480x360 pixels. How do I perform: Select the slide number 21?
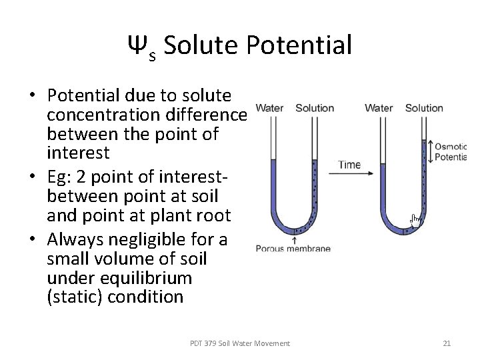tap(447, 343)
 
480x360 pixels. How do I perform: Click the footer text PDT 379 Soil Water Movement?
tap(240, 343)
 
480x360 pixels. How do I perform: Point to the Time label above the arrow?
tap(349, 165)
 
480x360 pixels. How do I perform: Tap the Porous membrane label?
tap(293, 249)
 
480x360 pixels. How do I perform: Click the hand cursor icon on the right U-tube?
tap(415, 221)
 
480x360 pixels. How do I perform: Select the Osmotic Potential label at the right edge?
tap(450, 152)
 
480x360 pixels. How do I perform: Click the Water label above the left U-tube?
tap(269, 108)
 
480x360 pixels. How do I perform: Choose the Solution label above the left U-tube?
tap(315, 108)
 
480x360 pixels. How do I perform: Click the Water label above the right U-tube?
tap(379, 108)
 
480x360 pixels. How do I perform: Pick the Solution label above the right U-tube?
tap(424, 108)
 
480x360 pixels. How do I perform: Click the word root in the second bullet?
tap(213, 215)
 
